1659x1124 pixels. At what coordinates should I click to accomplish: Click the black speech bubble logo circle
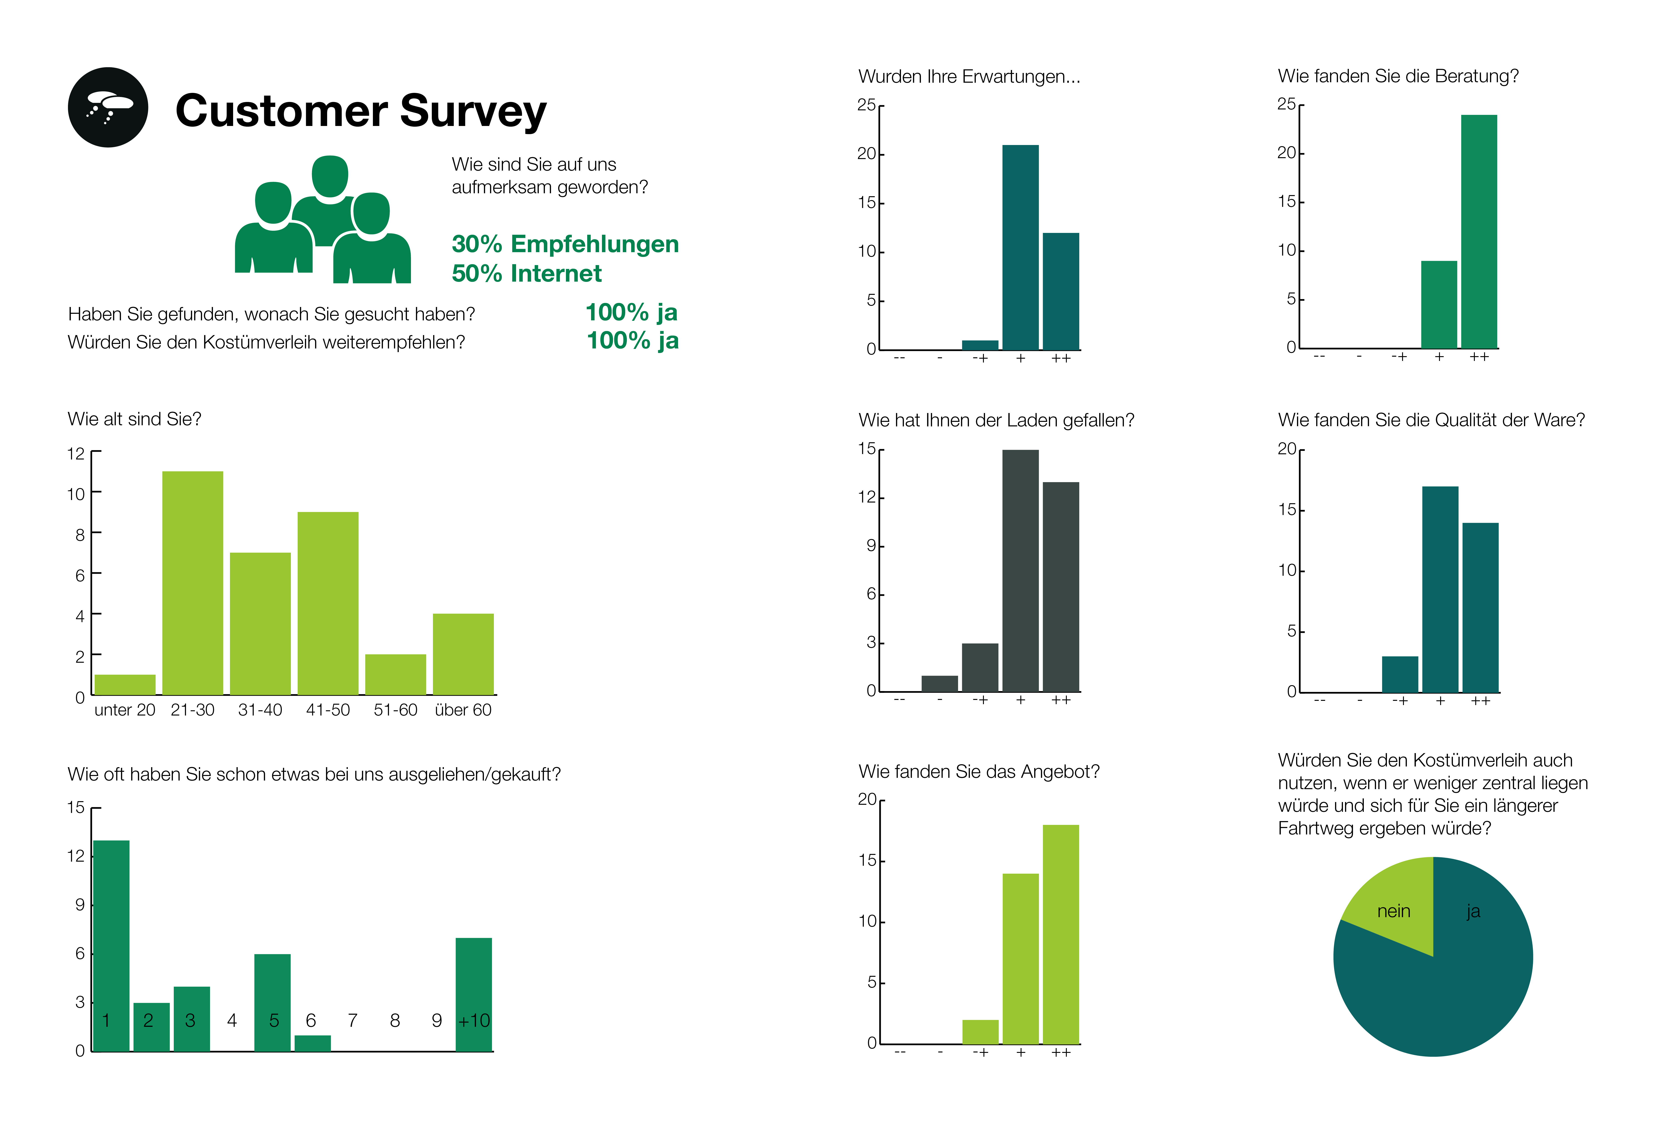(x=108, y=108)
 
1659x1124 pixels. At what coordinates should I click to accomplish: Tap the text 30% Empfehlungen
(x=565, y=244)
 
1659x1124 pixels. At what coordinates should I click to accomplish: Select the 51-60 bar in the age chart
(x=396, y=674)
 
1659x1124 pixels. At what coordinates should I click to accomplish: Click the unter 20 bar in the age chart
(x=125, y=684)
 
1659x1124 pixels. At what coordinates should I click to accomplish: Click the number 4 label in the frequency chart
(x=232, y=1020)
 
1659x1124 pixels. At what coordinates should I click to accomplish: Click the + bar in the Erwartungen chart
(x=1020, y=247)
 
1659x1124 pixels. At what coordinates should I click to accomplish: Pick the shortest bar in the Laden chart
(x=939, y=683)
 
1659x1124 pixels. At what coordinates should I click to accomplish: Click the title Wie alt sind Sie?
(x=134, y=419)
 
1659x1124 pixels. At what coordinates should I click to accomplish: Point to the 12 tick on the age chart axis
(x=76, y=453)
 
